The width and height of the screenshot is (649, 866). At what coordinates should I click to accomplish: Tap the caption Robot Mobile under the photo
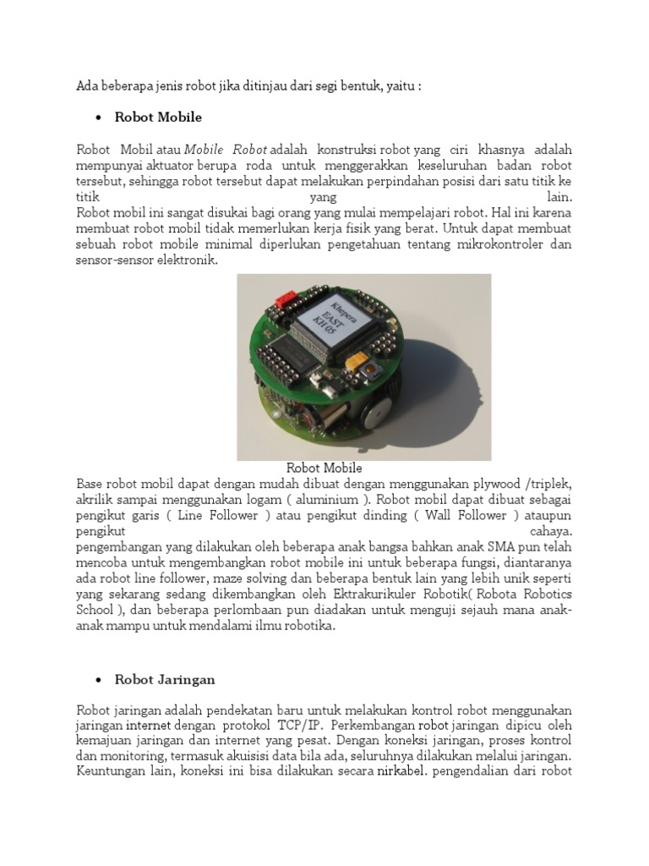324,468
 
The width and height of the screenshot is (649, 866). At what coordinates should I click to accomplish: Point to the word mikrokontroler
479,244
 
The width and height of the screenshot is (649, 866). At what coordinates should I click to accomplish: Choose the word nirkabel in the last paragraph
401,771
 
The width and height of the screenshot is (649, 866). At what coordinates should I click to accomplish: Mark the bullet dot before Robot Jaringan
98,680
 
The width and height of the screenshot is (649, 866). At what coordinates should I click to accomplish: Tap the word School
94,611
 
